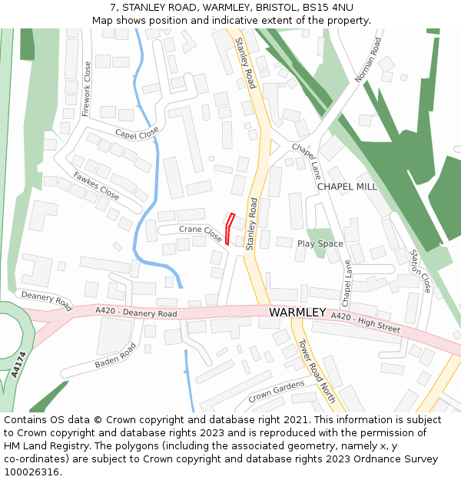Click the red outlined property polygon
231,230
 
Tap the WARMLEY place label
297,313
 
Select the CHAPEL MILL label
347,187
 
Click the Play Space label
320,243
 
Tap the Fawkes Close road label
96,186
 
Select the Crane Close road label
201,233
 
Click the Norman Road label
368,60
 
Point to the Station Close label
420,271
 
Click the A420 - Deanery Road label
136,312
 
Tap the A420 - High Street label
366,322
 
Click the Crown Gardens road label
276,393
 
